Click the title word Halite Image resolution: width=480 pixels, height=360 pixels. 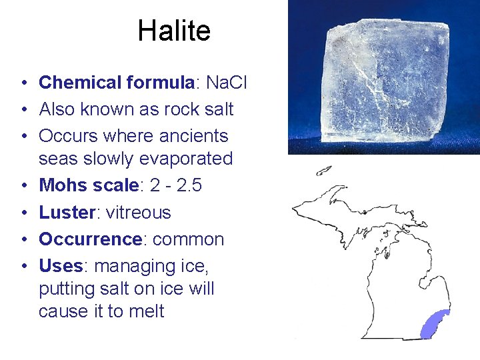click(174, 31)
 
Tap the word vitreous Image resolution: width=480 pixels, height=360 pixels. click(139, 213)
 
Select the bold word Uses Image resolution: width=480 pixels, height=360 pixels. click(60, 266)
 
